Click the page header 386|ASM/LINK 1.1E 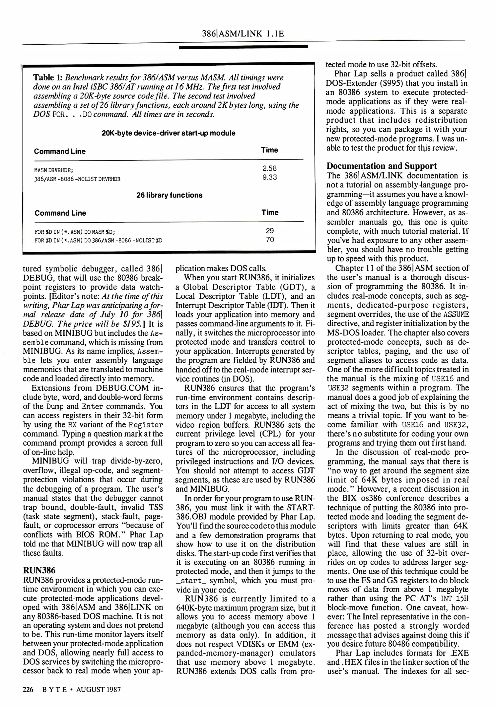click(x=243, y=33)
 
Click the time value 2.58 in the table click(x=269, y=168)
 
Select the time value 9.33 click(x=269, y=177)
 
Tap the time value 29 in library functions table click(x=270, y=231)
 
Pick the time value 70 click(x=270, y=240)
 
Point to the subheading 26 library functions click(x=169, y=195)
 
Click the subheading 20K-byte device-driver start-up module click(x=168, y=133)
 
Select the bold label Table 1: click(x=48, y=77)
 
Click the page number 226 click(x=28, y=689)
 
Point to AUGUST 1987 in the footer click(x=98, y=689)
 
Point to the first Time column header click(x=269, y=150)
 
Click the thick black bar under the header click(x=243, y=47)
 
